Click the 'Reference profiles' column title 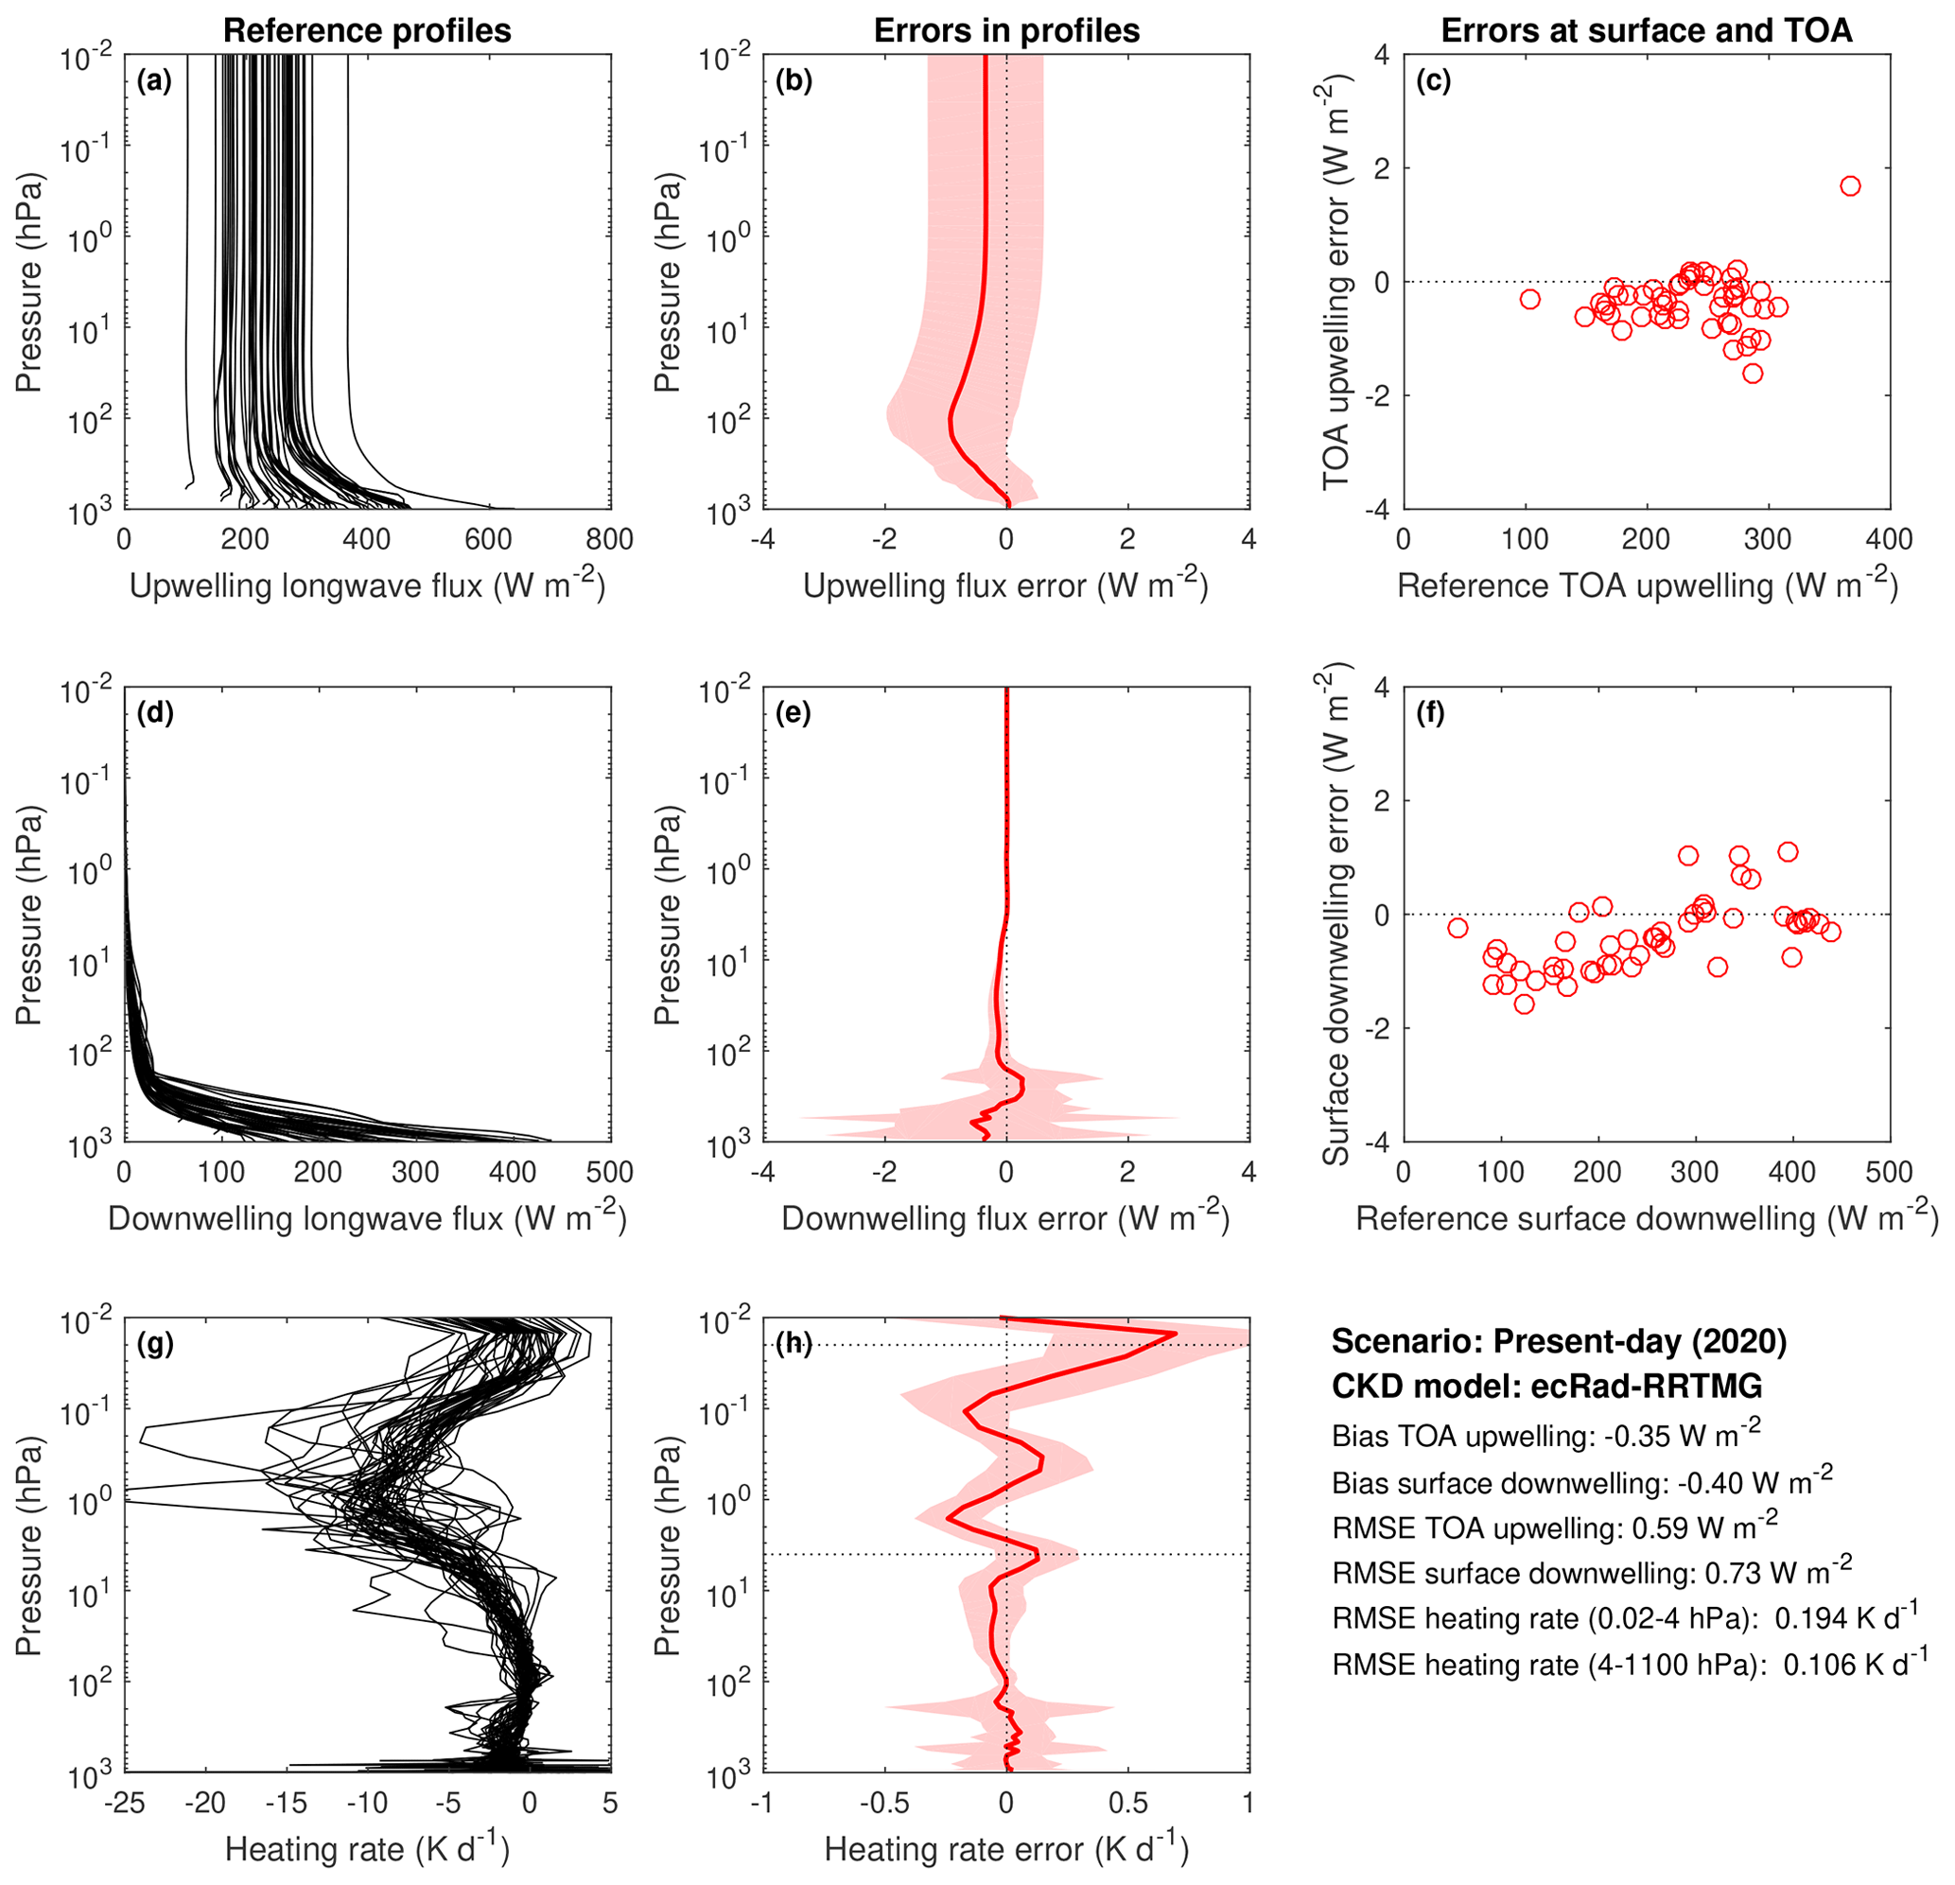(367, 30)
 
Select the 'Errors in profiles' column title (1006, 30)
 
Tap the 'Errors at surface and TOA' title (1646, 30)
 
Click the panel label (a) (154, 81)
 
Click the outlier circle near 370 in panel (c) (1850, 186)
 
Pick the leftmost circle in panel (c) (1529, 299)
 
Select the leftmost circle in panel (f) (1458, 928)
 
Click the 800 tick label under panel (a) (609, 539)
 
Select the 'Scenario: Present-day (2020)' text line (1558, 1341)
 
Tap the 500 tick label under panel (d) (609, 1172)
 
